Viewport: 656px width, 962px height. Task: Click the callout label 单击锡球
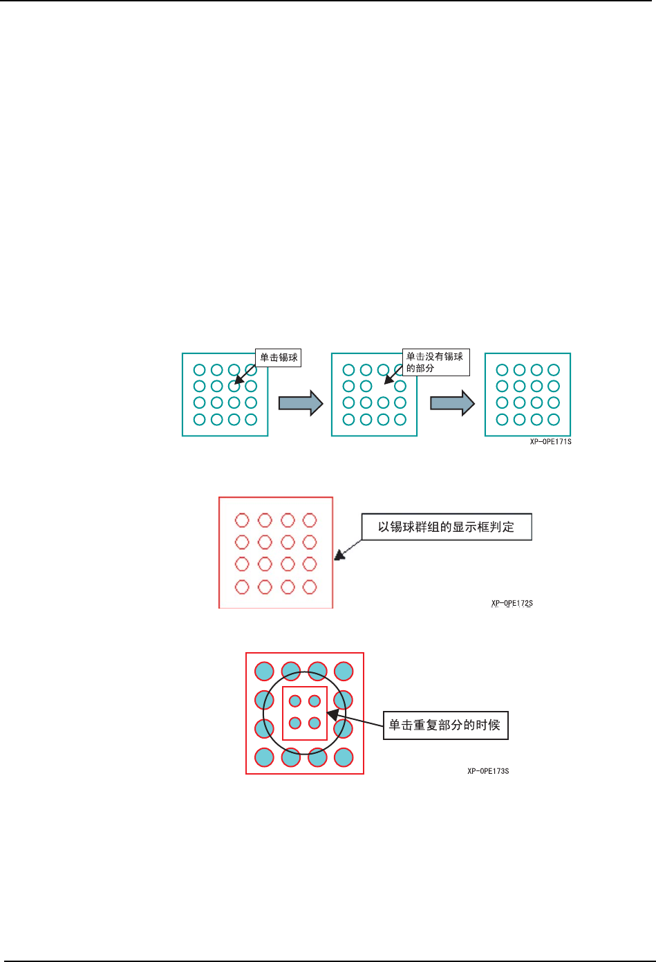click(279, 358)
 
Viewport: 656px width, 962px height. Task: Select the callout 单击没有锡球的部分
click(435, 362)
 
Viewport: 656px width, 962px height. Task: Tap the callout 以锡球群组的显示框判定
click(446, 527)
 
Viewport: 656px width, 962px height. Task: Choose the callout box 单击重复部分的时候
click(445, 725)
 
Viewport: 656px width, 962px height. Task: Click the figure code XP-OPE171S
click(550, 442)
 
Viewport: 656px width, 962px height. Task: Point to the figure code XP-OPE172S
click(512, 604)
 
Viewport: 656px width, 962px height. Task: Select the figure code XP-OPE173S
click(488, 771)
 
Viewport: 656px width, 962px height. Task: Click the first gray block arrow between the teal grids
click(301, 403)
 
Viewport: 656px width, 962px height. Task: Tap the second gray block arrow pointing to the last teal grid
click(452, 403)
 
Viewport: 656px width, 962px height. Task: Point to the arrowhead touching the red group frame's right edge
click(339, 555)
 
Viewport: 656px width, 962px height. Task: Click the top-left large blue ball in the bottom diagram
click(265, 671)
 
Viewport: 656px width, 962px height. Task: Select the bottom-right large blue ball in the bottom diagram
click(344, 757)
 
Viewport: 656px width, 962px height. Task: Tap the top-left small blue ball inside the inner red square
click(295, 701)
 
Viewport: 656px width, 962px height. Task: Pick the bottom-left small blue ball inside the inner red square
click(295, 723)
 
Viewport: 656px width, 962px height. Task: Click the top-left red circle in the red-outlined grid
click(242, 520)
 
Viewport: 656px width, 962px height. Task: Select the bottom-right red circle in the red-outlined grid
click(310, 587)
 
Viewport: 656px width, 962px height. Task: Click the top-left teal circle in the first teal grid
click(200, 370)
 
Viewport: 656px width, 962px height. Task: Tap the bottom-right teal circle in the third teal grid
click(554, 419)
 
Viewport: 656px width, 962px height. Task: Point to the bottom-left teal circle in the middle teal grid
click(349, 419)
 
